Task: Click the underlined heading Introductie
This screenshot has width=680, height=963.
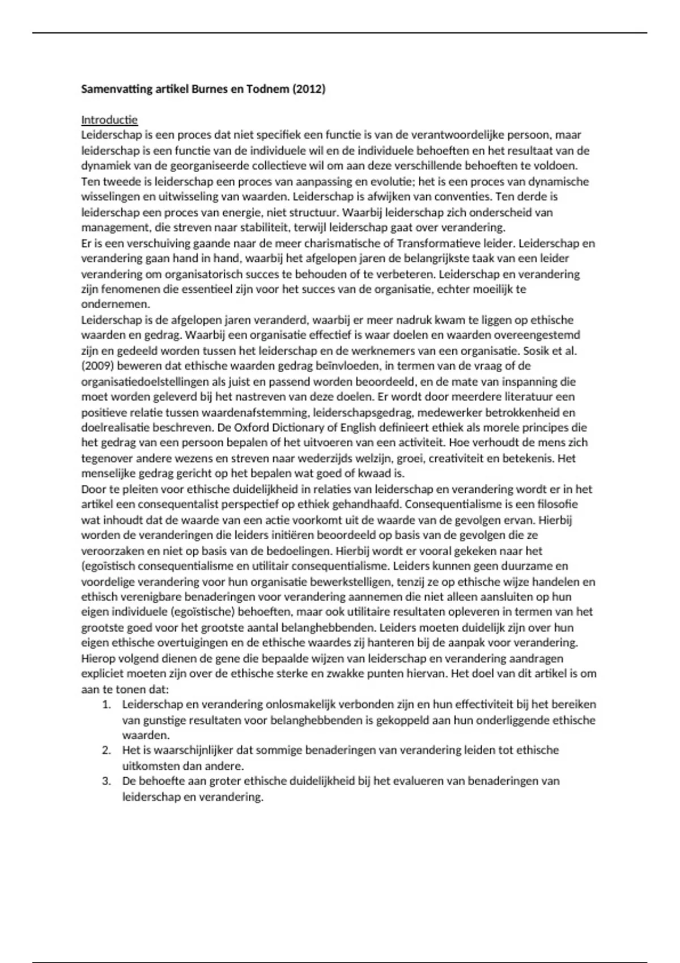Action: [x=109, y=120]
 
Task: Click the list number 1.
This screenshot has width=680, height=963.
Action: [x=105, y=705]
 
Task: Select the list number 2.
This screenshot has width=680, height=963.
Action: [x=105, y=751]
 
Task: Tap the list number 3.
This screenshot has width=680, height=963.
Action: [x=105, y=781]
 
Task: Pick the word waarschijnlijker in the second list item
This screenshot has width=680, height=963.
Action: [x=188, y=751]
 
